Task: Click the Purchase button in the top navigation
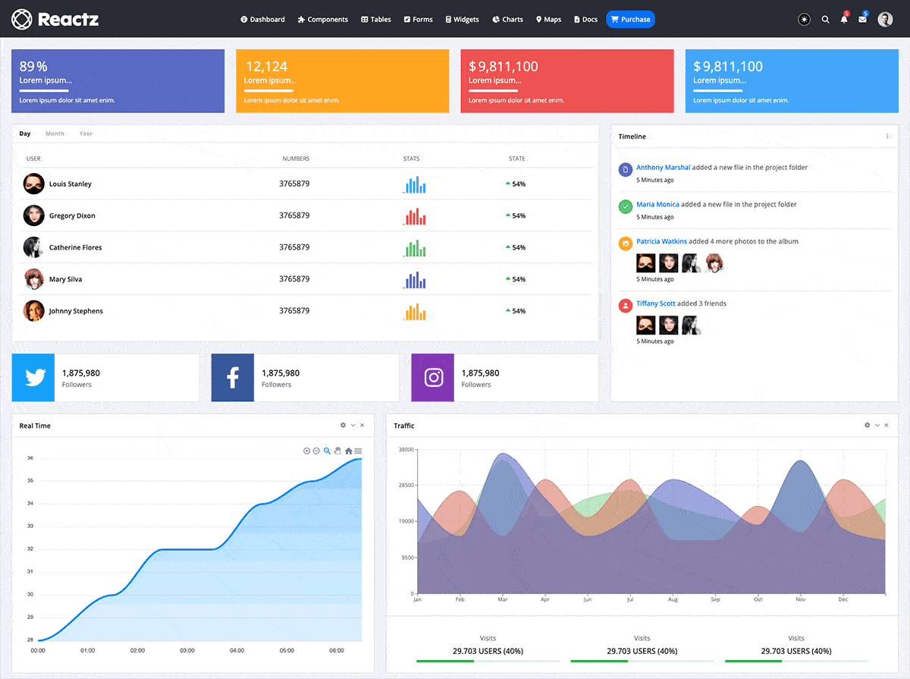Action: pos(630,20)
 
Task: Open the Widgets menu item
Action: pos(462,20)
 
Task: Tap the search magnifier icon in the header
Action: pos(826,20)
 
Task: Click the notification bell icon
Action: pos(844,20)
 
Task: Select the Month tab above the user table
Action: pos(55,134)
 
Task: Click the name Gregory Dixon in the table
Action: pos(72,216)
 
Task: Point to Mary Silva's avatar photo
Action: pos(33,279)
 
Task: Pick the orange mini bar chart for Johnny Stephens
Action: pos(414,311)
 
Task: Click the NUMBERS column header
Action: pos(296,159)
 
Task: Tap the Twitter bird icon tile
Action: pos(33,377)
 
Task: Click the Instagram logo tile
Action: pos(433,377)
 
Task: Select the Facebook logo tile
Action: pos(233,377)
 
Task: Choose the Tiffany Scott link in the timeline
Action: pos(655,303)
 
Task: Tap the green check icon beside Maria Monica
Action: pos(626,206)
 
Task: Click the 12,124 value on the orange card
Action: pos(266,67)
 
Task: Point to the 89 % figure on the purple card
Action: pos(33,67)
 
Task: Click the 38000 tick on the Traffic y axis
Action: pos(406,450)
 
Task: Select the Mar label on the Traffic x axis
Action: pos(502,599)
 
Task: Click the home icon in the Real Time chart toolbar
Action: pos(349,451)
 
